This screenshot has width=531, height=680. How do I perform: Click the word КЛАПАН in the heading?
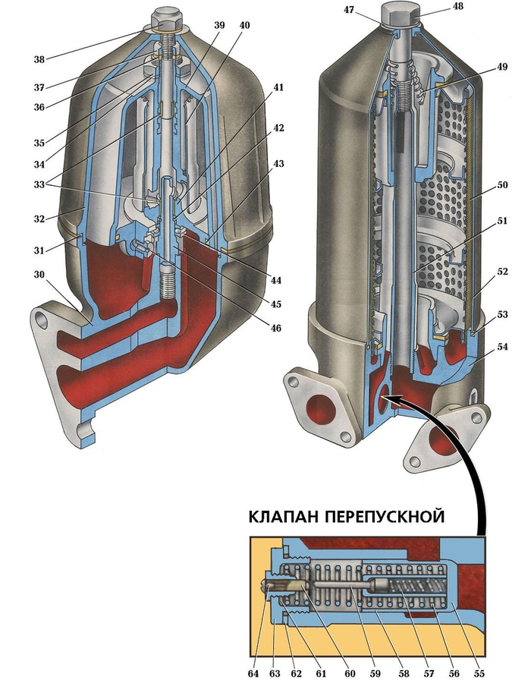284,518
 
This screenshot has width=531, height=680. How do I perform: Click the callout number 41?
279,87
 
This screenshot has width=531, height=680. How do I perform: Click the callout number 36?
37,106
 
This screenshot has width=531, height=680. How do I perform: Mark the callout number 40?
244,25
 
